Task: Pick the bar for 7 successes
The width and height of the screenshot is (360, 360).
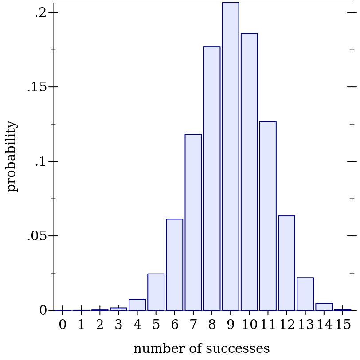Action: (x=193, y=222)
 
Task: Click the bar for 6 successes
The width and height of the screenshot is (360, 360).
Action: (x=175, y=265)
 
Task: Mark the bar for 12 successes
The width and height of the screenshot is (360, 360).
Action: (x=286, y=263)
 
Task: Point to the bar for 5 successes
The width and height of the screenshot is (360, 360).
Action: (x=156, y=292)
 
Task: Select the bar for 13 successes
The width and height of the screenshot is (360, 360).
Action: (x=305, y=294)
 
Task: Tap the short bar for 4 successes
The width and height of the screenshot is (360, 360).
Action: (x=137, y=305)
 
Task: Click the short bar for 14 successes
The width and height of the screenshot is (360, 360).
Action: (x=324, y=307)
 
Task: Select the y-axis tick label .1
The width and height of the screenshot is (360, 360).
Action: (x=40, y=162)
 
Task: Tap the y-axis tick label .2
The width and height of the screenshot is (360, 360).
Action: (x=40, y=13)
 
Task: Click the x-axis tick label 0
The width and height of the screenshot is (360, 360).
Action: (x=63, y=325)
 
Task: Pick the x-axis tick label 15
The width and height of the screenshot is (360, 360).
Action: (x=343, y=325)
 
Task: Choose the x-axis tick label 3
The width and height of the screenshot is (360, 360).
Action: (x=118, y=325)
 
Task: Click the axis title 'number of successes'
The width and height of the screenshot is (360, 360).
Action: (x=201, y=349)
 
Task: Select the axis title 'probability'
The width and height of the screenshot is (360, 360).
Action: (x=12, y=156)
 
